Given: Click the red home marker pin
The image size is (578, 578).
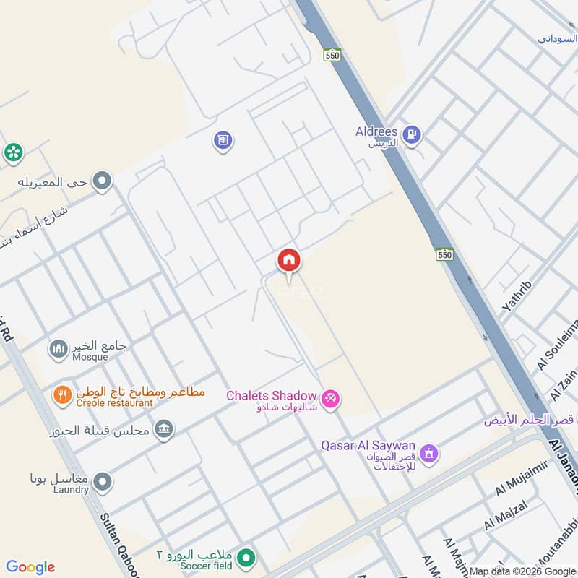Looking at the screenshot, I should click(x=289, y=260).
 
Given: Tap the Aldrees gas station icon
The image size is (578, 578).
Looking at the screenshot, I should click(x=412, y=134).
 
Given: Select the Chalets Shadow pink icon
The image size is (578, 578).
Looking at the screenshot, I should click(x=330, y=397).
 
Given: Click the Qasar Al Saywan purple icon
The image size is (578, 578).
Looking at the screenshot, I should click(x=429, y=453).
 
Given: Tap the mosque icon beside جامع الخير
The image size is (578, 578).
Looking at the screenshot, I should click(x=59, y=350).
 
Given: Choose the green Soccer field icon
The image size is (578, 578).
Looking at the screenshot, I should click(x=248, y=558).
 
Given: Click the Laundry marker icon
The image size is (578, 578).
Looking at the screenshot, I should click(x=103, y=481).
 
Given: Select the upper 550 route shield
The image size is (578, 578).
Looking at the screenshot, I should click(x=332, y=55).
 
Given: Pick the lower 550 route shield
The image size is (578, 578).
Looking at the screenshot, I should click(x=444, y=254).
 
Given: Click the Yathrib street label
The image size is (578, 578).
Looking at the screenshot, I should click(x=516, y=296).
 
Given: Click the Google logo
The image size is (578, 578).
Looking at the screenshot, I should click(x=30, y=567).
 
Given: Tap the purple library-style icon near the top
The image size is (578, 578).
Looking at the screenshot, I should click(x=223, y=140).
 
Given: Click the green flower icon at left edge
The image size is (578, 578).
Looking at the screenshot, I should click(x=12, y=152).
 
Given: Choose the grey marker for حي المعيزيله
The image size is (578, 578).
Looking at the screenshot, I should click(x=103, y=181).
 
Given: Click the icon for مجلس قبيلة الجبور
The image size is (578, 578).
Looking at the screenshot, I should click(x=165, y=430).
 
